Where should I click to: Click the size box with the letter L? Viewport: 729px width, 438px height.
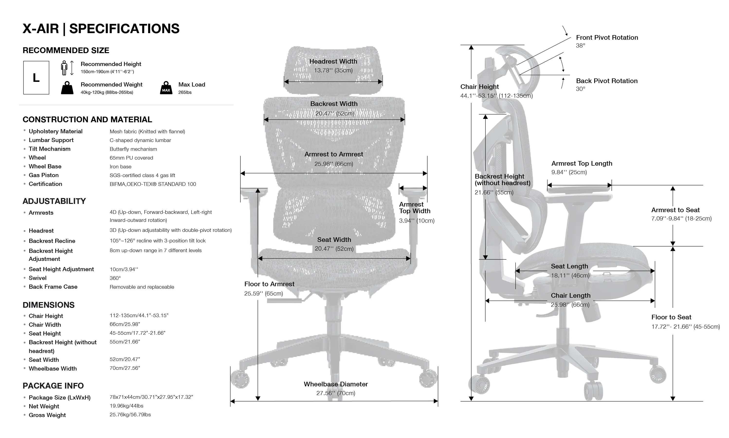point(36,78)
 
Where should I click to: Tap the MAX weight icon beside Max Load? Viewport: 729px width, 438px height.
point(166,88)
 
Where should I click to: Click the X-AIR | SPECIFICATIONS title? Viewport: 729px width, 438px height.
point(101,29)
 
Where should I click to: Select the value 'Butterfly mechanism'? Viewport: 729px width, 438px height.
point(133,149)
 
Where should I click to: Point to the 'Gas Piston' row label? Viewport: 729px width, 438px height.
point(44,175)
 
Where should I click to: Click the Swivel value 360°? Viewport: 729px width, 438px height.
point(115,278)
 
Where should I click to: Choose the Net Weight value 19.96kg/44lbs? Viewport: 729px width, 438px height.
point(127,406)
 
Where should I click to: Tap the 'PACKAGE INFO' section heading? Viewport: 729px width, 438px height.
point(53,386)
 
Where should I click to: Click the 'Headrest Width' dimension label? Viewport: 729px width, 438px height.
point(333,61)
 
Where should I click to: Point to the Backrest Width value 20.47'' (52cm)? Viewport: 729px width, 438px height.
point(335,113)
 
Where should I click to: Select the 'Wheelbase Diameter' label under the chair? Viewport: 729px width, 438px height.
point(336,384)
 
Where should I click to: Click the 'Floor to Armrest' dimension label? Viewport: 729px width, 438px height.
point(269,284)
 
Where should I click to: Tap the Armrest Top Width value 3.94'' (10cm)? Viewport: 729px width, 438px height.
point(417,220)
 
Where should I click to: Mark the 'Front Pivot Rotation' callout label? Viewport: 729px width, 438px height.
point(607,38)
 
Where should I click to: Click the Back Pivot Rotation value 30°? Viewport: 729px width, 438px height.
point(580,89)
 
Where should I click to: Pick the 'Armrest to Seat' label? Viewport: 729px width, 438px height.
point(675,210)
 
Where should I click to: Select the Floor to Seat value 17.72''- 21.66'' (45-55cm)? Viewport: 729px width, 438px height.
point(685,327)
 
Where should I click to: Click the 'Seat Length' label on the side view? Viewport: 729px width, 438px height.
point(569,266)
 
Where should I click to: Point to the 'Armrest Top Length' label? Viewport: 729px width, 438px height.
point(582,163)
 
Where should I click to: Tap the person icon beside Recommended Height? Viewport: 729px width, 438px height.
point(64,68)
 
